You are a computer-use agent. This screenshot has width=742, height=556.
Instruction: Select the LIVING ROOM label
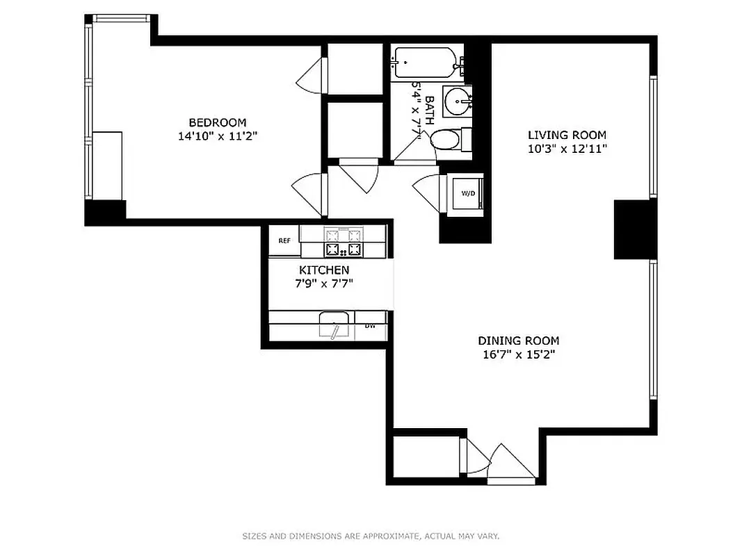(566, 135)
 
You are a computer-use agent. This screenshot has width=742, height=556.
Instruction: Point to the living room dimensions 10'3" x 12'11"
(566, 149)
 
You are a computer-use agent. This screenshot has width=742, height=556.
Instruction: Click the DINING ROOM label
(518, 341)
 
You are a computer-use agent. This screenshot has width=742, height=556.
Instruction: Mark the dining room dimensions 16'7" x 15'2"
(518, 354)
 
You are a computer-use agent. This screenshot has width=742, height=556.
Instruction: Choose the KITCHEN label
(324, 270)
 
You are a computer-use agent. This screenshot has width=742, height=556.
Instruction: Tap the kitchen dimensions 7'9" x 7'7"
(324, 283)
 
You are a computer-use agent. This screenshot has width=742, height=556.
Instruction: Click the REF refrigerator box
(284, 240)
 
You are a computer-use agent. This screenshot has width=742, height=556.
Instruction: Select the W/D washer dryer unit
(465, 193)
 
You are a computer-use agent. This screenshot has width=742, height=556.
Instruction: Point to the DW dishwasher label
(370, 326)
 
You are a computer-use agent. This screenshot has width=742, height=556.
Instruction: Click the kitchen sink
(334, 325)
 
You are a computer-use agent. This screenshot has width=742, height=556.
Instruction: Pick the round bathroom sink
(458, 102)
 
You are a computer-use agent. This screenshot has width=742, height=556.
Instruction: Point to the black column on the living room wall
(634, 229)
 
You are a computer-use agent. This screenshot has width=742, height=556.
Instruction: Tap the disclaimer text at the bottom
(371, 536)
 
